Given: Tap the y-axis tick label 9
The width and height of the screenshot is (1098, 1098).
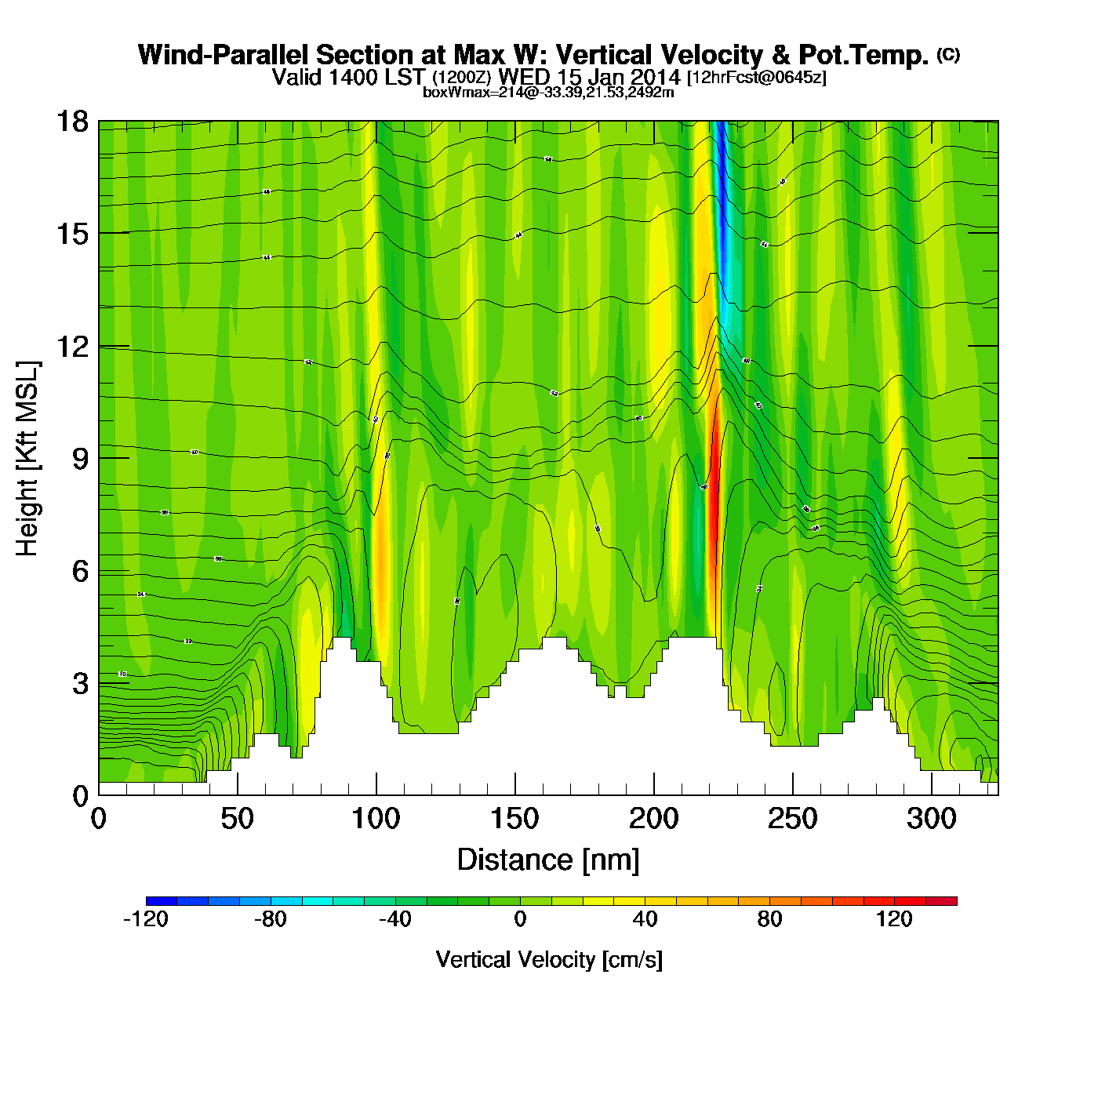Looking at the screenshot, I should click(x=79, y=459).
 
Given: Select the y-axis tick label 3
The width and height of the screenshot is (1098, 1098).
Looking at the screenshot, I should click(x=79, y=684).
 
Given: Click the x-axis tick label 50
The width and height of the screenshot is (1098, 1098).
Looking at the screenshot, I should click(x=237, y=819).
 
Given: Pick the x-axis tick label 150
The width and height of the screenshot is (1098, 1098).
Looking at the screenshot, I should click(x=514, y=819).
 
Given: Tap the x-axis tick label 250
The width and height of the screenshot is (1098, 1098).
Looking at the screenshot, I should click(x=792, y=819).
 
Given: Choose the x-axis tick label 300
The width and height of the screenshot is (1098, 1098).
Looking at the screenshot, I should click(x=931, y=819).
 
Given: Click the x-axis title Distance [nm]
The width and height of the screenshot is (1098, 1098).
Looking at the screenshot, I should click(x=548, y=860).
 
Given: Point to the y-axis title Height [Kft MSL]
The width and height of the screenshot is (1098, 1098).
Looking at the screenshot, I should click(x=27, y=459).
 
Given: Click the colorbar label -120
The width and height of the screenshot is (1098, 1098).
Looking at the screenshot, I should click(x=146, y=919).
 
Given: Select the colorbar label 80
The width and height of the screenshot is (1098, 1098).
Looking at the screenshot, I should click(x=769, y=919).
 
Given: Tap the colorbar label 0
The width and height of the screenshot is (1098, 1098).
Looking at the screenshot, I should click(x=520, y=919).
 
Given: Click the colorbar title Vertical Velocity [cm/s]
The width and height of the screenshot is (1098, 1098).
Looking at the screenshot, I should click(x=549, y=960).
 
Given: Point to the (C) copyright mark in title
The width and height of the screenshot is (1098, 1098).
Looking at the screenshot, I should click(x=948, y=54).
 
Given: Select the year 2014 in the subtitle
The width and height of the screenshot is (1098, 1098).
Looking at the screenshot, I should click(x=655, y=77).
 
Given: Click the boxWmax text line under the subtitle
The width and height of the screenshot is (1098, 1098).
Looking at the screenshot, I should click(x=548, y=92).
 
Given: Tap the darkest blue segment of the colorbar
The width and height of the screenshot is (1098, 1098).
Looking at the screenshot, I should click(x=162, y=901).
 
